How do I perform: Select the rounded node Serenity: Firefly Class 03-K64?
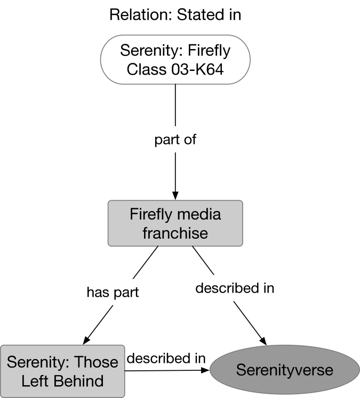click(x=175, y=60)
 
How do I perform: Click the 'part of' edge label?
click(x=175, y=140)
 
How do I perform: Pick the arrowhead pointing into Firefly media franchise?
click(x=175, y=195)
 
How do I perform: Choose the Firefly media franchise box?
click(x=175, y=223)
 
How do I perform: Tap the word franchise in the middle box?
click(x=175, y=233)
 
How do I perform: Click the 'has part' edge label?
click(x=113, y=292)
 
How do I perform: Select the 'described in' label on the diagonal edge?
click(x=235, y=288)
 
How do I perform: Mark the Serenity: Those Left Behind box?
click(x=62, y=371)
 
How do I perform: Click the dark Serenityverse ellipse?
click(x=284, y=370)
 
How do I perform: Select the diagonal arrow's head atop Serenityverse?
click(x=263, y=339)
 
